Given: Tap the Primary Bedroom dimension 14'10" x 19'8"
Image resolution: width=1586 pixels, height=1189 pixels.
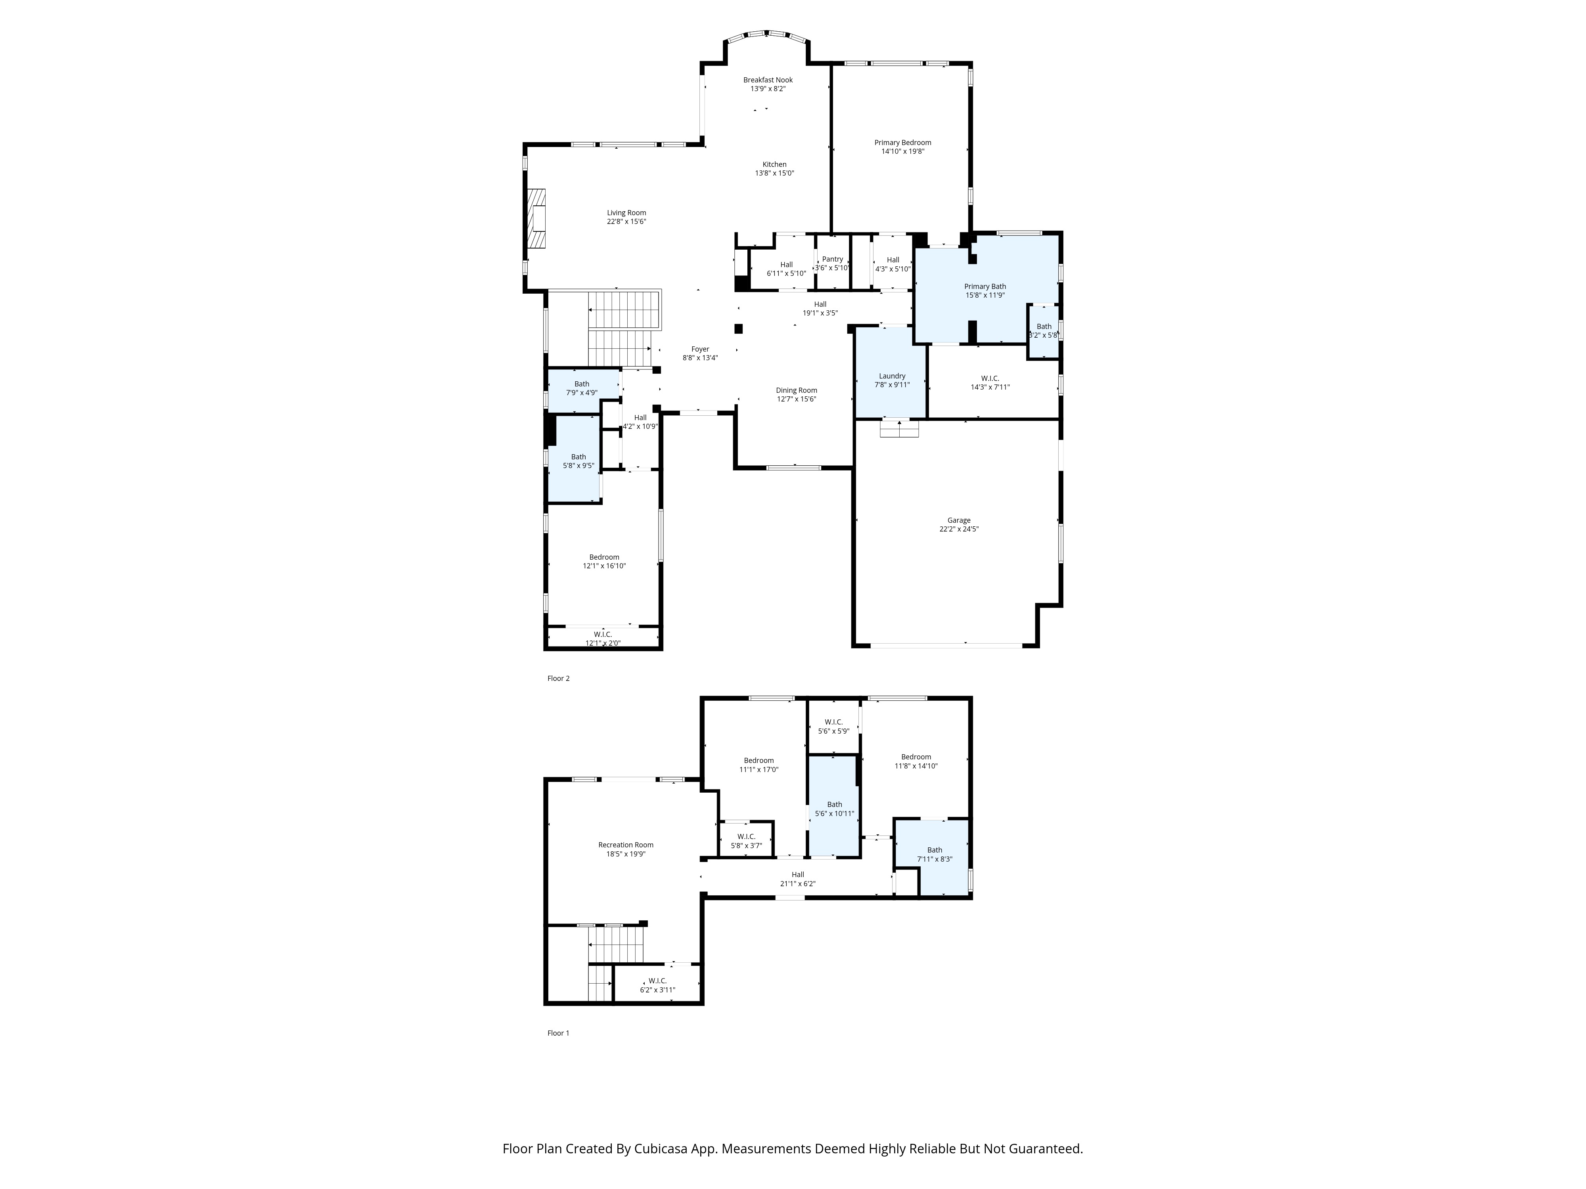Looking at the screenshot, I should coord(903,152).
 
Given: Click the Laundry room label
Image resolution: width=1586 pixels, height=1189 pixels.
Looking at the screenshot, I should coord(892,376).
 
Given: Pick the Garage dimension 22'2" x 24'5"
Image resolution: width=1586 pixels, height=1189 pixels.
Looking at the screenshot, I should coord(959,530).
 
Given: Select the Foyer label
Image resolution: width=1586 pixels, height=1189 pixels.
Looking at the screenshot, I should coord(700,350).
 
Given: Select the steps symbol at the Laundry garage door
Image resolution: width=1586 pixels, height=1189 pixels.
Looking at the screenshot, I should coord(899,428).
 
